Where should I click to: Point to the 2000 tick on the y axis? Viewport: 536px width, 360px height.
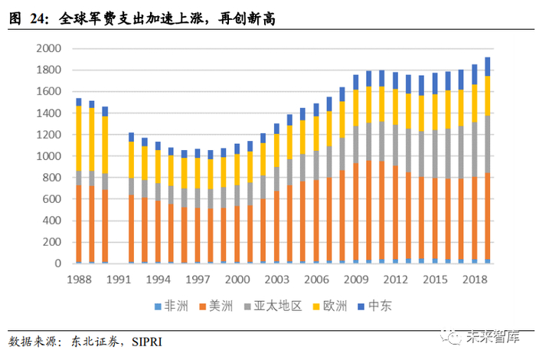(x=48, y=48)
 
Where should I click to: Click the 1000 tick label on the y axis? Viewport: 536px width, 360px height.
(x=48, y=156)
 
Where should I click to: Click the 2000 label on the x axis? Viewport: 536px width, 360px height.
(x=237, y=280)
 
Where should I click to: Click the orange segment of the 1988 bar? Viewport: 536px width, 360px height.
(x=78, y=222)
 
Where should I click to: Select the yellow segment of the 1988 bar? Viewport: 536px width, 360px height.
(x=78, y=138)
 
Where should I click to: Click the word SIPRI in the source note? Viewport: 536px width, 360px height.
(x=145, y=340)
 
